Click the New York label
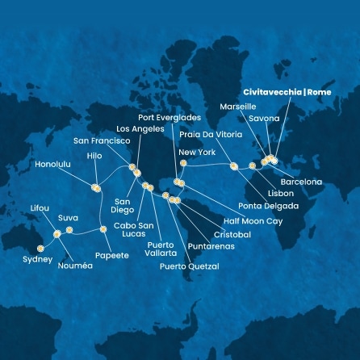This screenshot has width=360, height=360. tap(197, 152)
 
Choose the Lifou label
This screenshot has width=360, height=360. tap(40, 207)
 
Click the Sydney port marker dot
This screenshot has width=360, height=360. tap(40, 248)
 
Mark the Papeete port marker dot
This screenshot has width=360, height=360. tap(103, 230)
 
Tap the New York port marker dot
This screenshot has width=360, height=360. tap(183, 163)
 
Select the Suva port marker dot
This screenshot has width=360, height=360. tap(69, 230)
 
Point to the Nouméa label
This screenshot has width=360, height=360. tap(76, 266)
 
